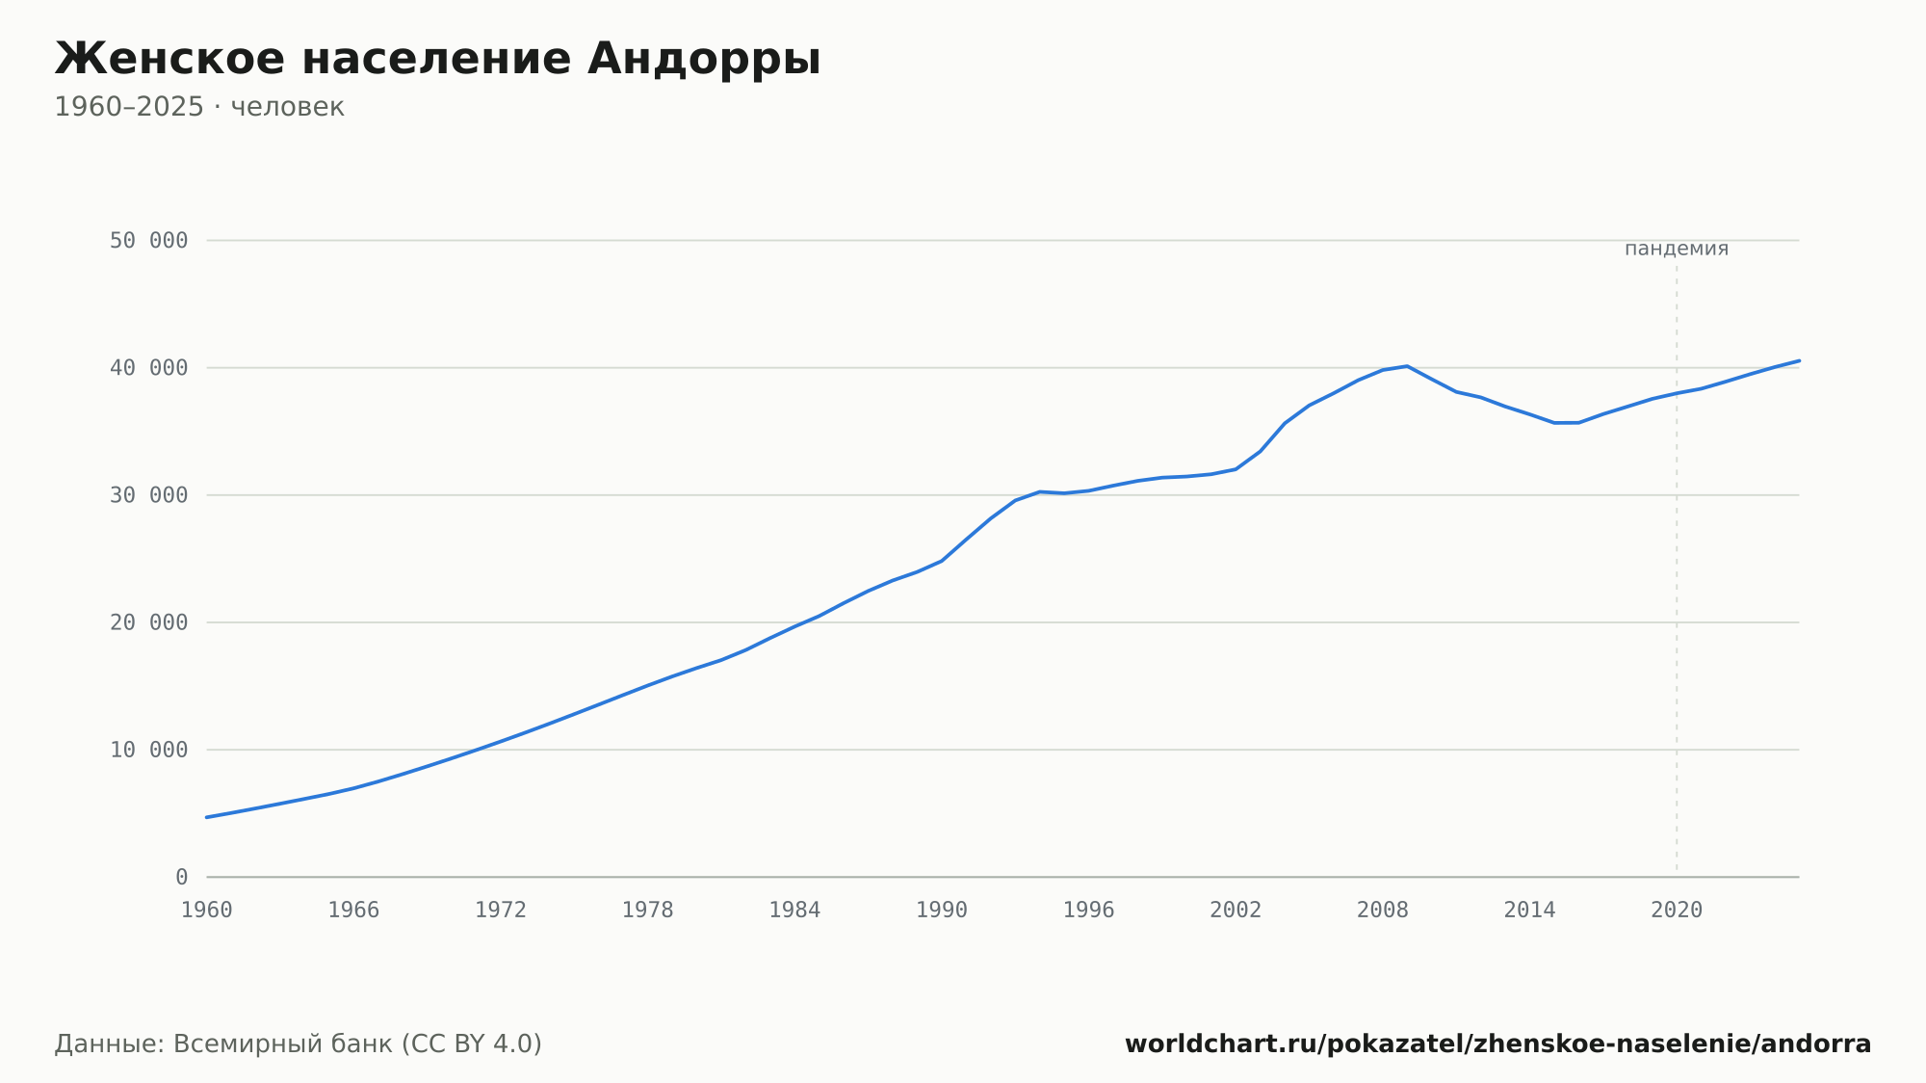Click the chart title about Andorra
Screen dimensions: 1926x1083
point(437,59)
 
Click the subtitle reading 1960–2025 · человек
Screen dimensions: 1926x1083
point(199,107)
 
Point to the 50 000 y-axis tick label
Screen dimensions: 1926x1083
point(149,241)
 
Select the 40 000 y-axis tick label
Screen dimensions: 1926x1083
point(149,368)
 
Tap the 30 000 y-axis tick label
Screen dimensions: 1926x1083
point(149,495)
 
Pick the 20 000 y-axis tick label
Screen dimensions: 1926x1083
point(149,622)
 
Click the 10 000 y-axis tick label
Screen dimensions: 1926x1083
point(149,750)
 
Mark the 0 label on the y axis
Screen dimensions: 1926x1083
point(182,877)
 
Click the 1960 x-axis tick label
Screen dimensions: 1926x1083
point(207,911)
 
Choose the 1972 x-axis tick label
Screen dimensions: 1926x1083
point(501,911)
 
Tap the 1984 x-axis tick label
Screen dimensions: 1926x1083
point(794,911)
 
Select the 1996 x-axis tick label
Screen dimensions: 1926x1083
point(1088,911)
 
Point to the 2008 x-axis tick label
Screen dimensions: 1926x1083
point(1383,911)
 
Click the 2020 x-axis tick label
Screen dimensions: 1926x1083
point(1677,911)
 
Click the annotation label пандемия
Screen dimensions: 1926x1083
point(1677,249)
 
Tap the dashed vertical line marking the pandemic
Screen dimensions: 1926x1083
point(1677,571)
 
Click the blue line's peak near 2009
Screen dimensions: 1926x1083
point(1407,366)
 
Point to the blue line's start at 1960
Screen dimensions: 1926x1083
point(207,817)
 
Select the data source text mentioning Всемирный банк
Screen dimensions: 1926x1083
point(299,1043)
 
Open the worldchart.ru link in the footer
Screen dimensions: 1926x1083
point(1498,1043)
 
